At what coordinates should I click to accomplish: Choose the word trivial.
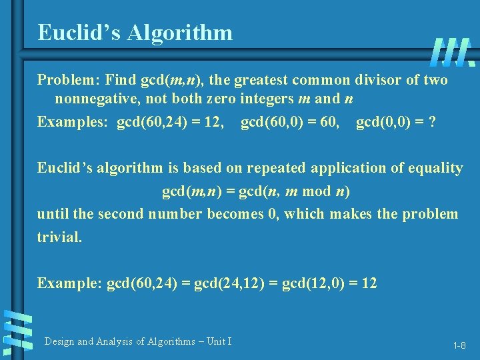[59, 237]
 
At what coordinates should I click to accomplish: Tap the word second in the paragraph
[121, 214]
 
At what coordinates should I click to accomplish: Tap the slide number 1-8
[459, 345]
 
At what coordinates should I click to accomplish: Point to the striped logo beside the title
[453, 52]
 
